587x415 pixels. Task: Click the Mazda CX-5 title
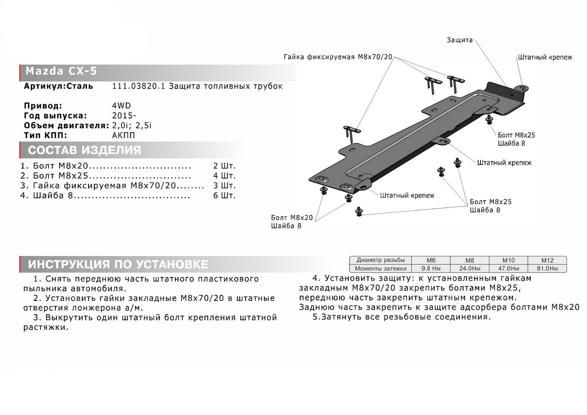click(x=61, y=71)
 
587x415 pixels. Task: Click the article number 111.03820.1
click(x=136, y=87)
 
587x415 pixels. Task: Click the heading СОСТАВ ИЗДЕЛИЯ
click(x=85, y=150)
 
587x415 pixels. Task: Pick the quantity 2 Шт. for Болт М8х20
click(x=225, y=165)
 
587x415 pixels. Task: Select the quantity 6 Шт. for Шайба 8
click(x=225, y=196)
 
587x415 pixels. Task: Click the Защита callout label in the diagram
click(x=459, y=40)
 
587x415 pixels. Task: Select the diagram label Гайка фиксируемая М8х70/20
click(x=338, y=57)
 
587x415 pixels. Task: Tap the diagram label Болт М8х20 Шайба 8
click(x=292, y=222)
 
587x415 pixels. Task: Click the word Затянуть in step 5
click(x=342, y=317)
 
